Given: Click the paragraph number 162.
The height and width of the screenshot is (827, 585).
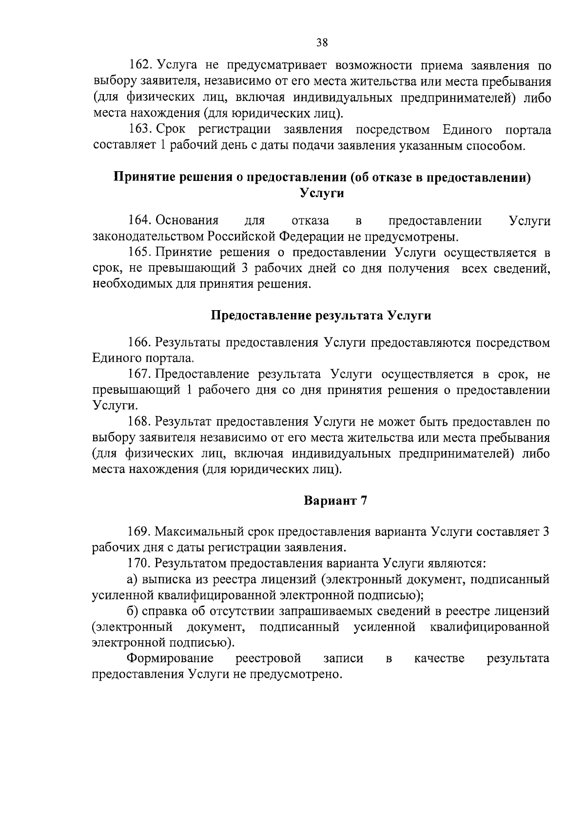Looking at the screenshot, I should (141, 65).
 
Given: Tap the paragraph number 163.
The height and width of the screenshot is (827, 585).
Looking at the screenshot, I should (141, 130).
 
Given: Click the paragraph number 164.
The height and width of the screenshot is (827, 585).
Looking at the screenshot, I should (141, 221).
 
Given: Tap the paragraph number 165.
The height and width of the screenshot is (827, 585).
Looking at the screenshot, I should (141, 253).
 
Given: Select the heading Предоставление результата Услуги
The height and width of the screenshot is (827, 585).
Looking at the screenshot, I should (321, 315).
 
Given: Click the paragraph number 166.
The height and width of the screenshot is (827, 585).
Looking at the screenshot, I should (141, 343).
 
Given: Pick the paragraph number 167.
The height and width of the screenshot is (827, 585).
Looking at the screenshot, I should (141, 374).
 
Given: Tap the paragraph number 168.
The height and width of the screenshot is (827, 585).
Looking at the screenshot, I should (141, 422).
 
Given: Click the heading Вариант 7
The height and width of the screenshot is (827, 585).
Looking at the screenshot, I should (335, 501).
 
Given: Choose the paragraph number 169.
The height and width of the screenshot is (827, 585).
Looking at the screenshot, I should (141, 532).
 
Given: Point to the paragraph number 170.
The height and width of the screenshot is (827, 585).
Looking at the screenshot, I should (141, 563).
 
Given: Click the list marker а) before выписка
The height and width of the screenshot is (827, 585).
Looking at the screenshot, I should (133, 579).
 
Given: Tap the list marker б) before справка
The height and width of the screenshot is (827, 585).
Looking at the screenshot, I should (133, 611).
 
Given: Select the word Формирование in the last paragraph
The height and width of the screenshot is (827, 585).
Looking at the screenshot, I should (171, 658).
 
